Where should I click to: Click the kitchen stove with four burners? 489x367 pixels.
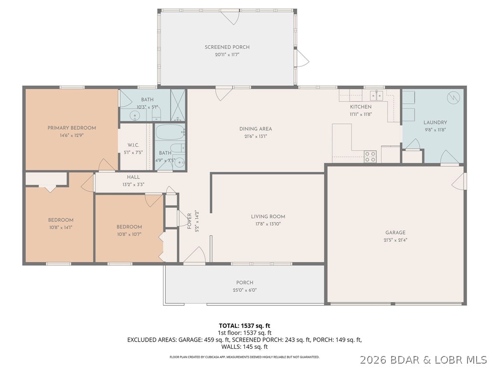point(370,156)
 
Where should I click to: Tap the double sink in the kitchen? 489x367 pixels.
point(377,96)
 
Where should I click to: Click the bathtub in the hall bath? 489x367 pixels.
point(170,131)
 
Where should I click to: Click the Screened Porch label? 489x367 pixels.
point(227,47)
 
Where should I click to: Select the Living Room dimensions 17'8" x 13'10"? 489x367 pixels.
point(268,225)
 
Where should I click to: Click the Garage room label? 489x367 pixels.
point(395,233)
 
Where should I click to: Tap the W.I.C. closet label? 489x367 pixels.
point(133,145)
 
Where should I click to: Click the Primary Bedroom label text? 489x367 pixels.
point(72,128)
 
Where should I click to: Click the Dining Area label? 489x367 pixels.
point(255,129)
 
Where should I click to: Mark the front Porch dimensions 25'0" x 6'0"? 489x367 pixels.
point(244,290)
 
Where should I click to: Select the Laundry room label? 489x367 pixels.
point(435,122)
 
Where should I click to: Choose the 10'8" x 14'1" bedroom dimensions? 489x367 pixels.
point(60,227)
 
